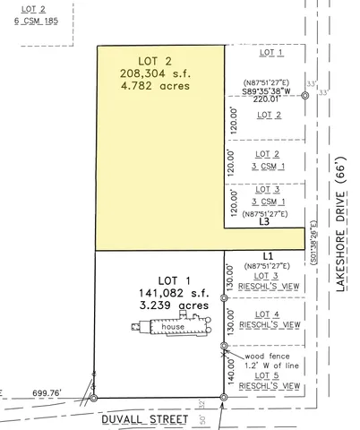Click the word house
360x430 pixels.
(x=174, y=328)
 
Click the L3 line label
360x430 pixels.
(x=264, y=223)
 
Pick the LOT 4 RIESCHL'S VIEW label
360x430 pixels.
(x=268, y=319)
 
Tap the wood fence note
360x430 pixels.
(x=261, y=362)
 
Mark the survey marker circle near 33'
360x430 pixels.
(x=305, y=96)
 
